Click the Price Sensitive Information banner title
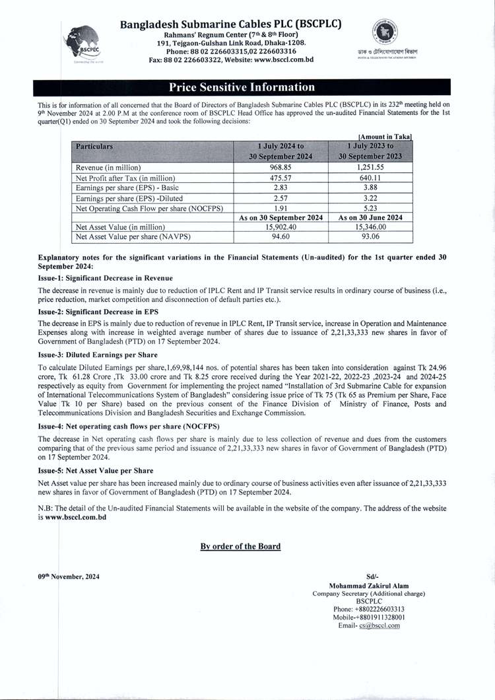click(242, 87)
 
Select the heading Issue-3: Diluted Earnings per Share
click(101, 355)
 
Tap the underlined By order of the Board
click(240, 546)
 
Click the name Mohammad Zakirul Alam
click(368, 585)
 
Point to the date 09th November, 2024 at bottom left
click(69, 577)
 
